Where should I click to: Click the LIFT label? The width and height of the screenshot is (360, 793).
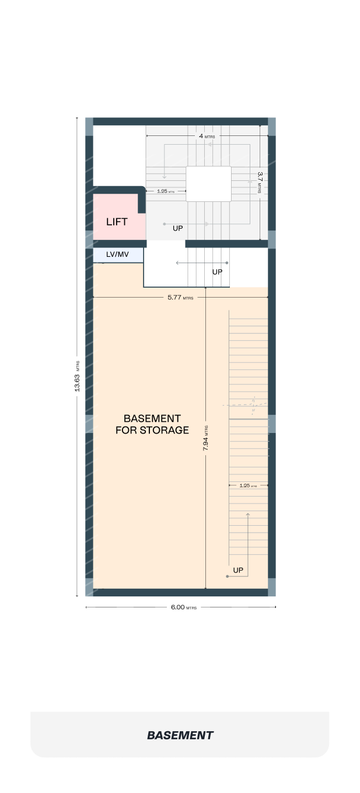(117, 222)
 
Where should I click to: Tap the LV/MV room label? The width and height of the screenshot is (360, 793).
(117, 254)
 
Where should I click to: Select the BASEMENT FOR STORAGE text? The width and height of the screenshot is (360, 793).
(152, 424)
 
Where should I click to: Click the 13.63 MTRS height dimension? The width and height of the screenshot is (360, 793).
(77, 376)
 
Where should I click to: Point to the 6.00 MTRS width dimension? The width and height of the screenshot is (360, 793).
(184, 607)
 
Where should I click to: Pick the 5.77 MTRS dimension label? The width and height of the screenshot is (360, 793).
(180, 298)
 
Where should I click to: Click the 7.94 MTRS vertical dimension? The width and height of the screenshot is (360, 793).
(205, 438)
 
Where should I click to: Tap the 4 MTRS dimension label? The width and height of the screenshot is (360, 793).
(207, 136)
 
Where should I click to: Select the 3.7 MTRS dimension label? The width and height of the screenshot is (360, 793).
(260, 182)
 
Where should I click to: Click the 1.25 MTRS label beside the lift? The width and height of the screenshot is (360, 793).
(166, 191)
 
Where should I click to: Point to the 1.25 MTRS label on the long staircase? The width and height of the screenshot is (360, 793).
(248, 485)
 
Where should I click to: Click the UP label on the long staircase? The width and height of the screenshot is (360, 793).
(238, 570)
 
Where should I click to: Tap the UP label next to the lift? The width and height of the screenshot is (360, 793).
(178, 228)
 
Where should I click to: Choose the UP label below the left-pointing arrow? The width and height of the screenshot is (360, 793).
(218, 272)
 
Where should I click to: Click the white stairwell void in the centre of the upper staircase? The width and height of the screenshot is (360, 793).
(208, 184)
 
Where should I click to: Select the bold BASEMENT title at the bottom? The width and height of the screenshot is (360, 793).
(180, 735)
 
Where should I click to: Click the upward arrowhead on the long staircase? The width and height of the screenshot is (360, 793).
(248, 515)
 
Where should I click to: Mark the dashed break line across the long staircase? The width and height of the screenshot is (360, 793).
(244, 404)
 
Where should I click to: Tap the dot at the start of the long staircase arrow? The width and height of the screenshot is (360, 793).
(228, 577)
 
